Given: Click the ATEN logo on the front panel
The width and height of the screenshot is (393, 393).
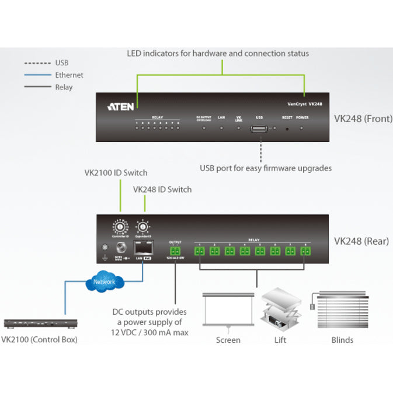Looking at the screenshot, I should pyautogui.click(x=122, y=106).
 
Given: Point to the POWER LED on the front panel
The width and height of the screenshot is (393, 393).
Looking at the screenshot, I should pyautogui.click(x=301, y=127).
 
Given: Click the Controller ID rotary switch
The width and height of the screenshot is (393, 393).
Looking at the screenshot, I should pyautogui.click(x=121, y=225).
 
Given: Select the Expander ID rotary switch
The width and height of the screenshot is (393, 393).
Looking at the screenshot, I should pyautogui.click(x=142, y=226).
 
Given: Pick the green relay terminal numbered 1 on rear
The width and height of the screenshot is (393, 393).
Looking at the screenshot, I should pyautogui.click(x=199, y=251).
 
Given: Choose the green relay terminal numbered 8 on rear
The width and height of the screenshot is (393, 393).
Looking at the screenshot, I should pyautogui.click(x=305, y=251).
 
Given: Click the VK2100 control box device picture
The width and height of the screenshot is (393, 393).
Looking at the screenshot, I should pyautogui.click(x=39, y=323).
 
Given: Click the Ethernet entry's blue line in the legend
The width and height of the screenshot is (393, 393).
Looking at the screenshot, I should pyautogui.click(x=37, y=75).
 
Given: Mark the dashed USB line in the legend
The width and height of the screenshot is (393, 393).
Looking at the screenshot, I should pyautogui.click(x=37, y=62).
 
